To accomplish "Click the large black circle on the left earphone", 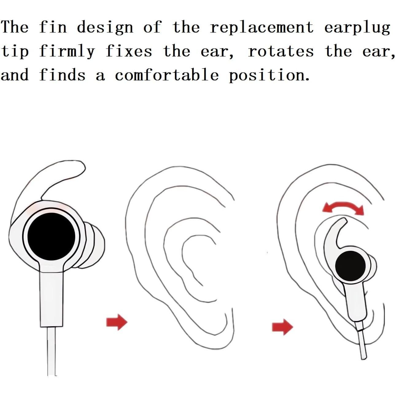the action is [x=51, y=236].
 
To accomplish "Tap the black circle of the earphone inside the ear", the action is [x=350, y=266].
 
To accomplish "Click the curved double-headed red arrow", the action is [x=343, y=208].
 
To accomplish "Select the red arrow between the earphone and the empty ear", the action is [x=117, y=322].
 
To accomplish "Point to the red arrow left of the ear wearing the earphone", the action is [x=282, y=327].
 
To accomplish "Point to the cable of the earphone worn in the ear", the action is [x=362, y=341].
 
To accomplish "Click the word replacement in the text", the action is [x=261, y=28].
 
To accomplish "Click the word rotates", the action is [x=281, y=51].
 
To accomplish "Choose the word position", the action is [x=269, y=76].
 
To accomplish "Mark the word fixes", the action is [x=129, y=51].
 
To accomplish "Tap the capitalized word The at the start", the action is [x=15, y=27].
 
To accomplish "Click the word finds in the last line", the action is [x=62, y=75].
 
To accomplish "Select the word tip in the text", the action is [x=15, y=52].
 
